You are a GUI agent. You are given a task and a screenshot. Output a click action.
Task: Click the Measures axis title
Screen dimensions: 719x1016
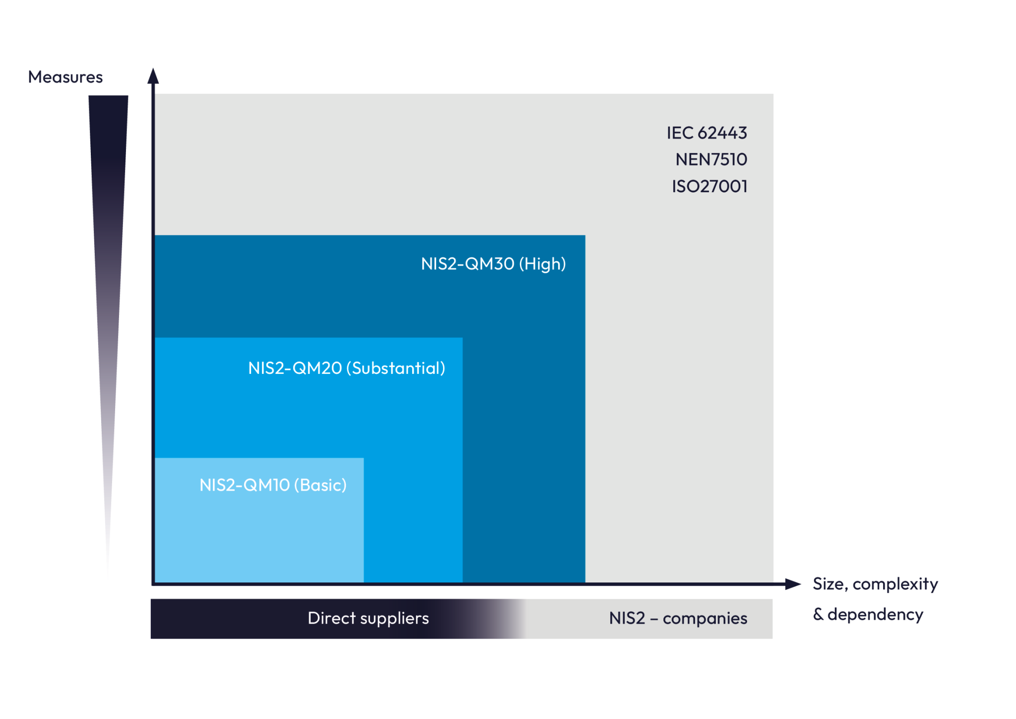(x=65, y=77)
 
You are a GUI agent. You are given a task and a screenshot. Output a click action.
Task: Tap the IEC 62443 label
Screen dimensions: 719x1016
(x=706, y=133)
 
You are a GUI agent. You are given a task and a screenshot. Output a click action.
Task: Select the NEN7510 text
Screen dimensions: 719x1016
(x=711, y=160)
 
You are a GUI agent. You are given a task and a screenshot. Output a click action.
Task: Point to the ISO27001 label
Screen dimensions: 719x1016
(x=709, y=187)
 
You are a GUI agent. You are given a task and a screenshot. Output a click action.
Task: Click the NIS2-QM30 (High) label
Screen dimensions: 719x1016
(x=493, y=264)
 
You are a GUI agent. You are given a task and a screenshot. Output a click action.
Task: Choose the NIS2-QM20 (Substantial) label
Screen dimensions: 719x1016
(x=346, y=368)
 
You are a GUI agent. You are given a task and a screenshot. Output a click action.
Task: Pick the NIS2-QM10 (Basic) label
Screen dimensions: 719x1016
(x=273, y=485)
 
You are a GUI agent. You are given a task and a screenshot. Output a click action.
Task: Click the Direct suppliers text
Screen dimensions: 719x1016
(x=368, y=618)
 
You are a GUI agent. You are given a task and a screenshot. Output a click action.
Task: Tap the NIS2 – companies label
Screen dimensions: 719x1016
(x=678, y=619)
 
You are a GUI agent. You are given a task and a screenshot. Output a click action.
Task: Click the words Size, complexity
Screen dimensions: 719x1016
(x=875, y=584)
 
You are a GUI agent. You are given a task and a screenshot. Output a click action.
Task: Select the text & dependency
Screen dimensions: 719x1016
(x=868, y=615)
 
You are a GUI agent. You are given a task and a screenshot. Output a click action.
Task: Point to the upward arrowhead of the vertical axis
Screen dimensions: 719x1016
(x=153, y=75)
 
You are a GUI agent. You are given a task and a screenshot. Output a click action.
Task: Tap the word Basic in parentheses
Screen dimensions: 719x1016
(x=320, y=485)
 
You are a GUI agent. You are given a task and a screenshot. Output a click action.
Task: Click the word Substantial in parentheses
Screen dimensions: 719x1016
(x=395, y=368)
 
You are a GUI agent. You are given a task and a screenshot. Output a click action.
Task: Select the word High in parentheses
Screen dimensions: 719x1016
(x=542, y=264)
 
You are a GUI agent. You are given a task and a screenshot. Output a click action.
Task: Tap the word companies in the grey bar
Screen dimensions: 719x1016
(x=704, y=619)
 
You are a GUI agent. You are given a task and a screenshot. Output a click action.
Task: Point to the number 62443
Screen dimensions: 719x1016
(x=722, y=133)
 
